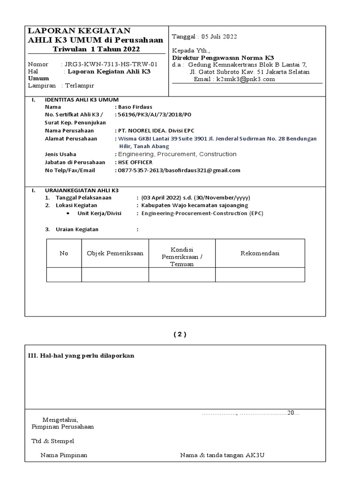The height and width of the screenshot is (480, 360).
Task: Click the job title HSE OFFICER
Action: [135, 162]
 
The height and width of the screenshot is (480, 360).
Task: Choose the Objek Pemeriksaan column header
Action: [115, 253]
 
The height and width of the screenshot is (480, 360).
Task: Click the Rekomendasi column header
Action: [260, 253]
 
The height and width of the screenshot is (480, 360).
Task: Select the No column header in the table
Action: [64, 253]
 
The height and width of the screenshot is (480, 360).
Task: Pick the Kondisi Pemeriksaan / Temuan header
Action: [182, 256]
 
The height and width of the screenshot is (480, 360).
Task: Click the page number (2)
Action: [180, 334]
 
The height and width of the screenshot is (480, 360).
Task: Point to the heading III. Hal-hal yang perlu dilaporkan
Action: [82, 356]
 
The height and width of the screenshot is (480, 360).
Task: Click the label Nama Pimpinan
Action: [64, 455]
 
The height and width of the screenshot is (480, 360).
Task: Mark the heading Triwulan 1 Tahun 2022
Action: [96, 49]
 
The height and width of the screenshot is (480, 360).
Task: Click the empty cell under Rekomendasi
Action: [260, 275]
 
